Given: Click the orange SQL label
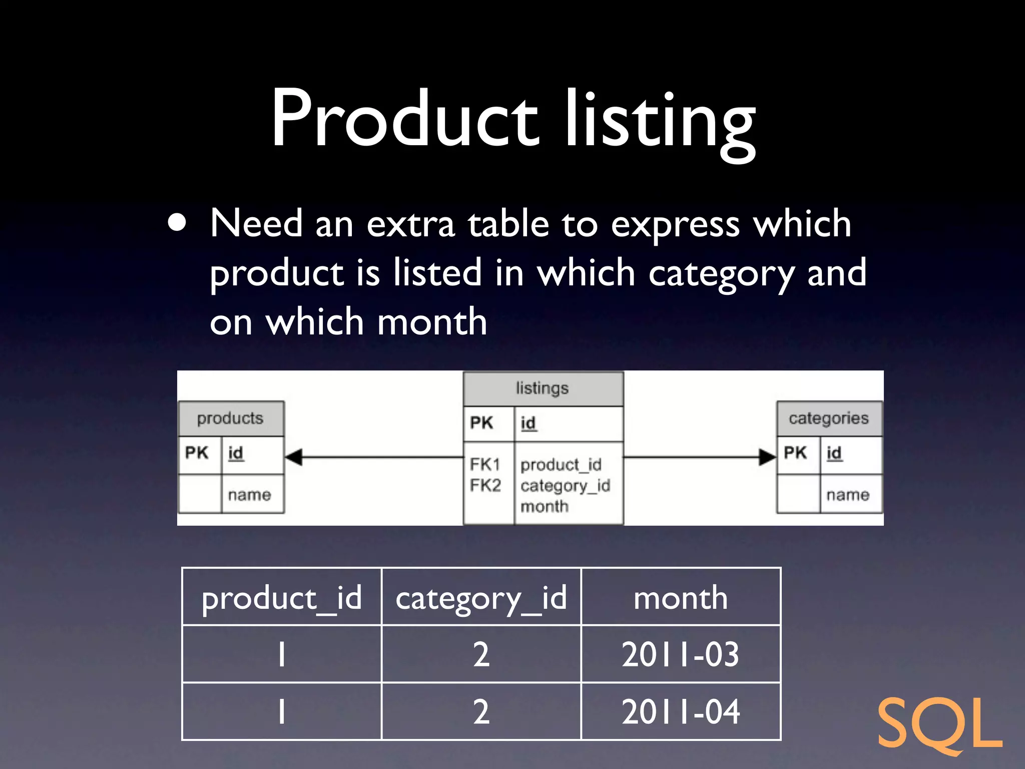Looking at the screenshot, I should (x=939, y=724).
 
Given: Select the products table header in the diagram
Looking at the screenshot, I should (x=230, y=419).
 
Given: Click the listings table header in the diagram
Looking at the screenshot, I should (x=543, y=389).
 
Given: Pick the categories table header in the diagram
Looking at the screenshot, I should (x=829, y=419).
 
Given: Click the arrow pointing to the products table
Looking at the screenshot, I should (x=295, y=457).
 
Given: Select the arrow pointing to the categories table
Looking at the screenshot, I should (x=766, y=457).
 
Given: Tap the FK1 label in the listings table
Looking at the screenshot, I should (x=485, y=465).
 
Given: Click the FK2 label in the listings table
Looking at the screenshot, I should (x=485, y=485).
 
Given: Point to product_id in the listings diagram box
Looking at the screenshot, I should (x=561, y=465).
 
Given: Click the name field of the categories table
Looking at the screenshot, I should (x=848, y=495).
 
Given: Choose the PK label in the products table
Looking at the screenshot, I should (x=197, y=453).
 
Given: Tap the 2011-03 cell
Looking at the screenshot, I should (x=681, y=654).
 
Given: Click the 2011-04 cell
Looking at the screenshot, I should (x=681, y=711).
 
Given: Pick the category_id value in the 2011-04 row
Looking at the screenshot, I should (x=481, y=711).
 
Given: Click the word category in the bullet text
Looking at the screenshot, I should (x=721, y=273).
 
